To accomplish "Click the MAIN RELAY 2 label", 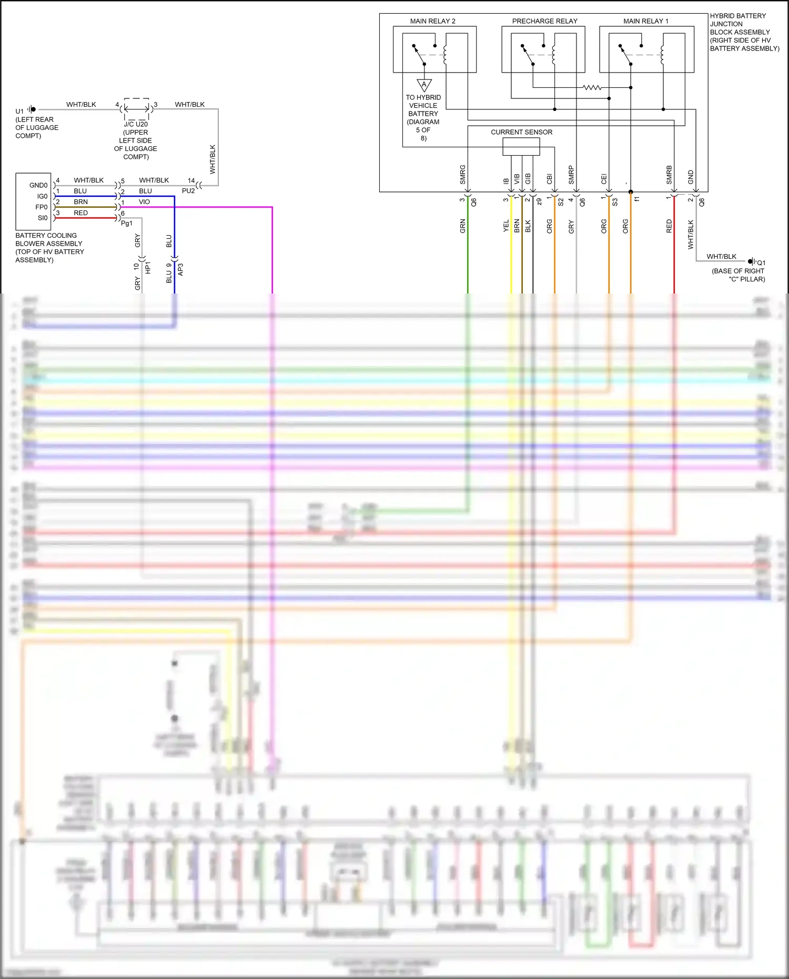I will tap(432, 21).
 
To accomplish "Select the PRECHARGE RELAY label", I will tap(544, 21).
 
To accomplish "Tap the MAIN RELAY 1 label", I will tap(645, 21).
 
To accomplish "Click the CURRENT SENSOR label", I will tap(521, 132).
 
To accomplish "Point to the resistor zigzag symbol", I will tap(592, 87).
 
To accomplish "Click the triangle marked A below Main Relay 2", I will tap(424, 85).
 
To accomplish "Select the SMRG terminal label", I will tap(463, 174).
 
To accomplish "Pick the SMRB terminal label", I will tap(669, 175).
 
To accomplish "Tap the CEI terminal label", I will tap(604, 179).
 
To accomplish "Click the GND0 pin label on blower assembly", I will tap(38, 185).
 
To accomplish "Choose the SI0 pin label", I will tap(43, 218).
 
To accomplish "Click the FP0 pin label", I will tap(42, 207).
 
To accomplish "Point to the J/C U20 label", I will tap(136, 124).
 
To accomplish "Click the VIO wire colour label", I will tap(144, 202).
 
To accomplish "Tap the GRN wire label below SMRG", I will tap(463, 226).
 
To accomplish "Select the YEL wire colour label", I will tap(506, 226).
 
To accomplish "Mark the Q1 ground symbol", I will tap(752, 261).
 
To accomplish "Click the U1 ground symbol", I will tap(32, 109).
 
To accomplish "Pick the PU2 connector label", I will tap(188, 191).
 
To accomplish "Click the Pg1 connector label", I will tap(126, 223).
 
